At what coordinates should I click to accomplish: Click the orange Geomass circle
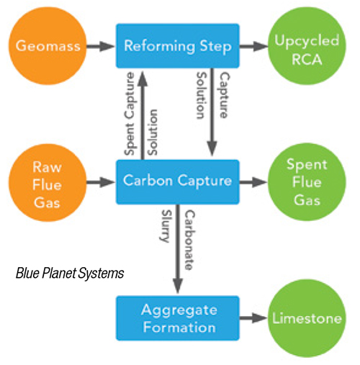(x=48, y=45)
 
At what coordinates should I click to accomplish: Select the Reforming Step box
(x=178, y=46)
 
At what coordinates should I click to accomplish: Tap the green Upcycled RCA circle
(x=307, y=45)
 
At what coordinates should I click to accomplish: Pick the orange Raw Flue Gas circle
(x=48, y=183)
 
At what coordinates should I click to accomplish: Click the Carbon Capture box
(x=178, y=182)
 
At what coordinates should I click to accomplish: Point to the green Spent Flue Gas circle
(x=307, y=182)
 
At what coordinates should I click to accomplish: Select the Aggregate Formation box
(x=178, y=318)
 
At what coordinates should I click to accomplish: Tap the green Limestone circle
(x=307, y=318)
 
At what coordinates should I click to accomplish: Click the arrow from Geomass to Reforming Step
(x=101, y=46)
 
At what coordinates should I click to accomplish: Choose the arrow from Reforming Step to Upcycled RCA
(x=253, y=46)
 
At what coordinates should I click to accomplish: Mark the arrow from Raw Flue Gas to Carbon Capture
(x=101, y=182)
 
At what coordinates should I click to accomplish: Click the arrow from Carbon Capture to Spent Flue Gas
(x=253, y=182)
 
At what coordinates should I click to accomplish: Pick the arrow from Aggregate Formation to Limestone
(x=253, y=318)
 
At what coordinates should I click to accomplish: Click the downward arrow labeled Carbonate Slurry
(x=178, y=249)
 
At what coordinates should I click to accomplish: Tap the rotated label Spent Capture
(x=130, y=114)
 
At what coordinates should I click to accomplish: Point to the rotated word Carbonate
(x=190, y=240)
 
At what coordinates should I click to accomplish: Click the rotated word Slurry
(x=166, y=226)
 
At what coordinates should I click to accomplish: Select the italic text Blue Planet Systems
(x=70, y=274)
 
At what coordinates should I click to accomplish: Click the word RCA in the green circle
(x=307, y=59)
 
